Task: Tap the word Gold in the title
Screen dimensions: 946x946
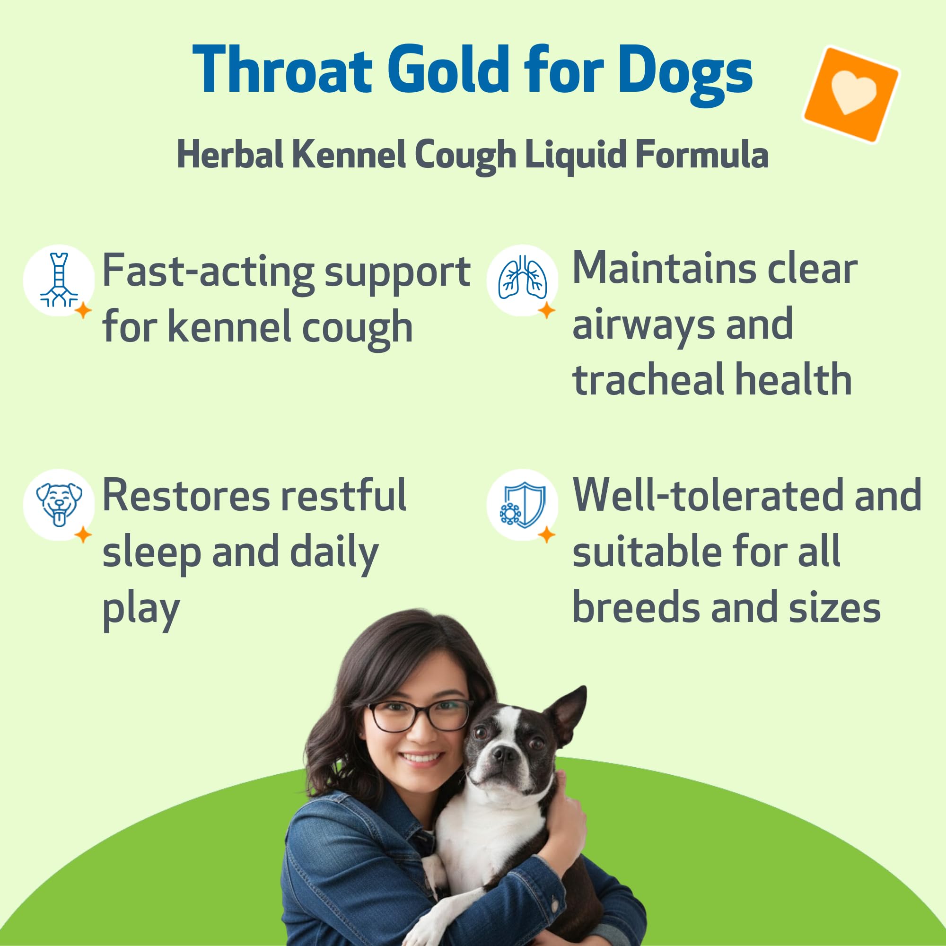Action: point(448,70)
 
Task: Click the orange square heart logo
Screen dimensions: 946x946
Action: point(851,94)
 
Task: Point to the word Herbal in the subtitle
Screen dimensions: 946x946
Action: point(230,155)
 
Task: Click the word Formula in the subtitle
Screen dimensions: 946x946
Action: point(701,155)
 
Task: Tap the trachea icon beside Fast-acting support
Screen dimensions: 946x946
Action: point(59,280)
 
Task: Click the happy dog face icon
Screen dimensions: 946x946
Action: point(59,504)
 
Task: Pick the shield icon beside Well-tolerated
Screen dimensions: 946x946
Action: point(522,504)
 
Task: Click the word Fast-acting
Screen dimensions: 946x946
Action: point(208,272)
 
